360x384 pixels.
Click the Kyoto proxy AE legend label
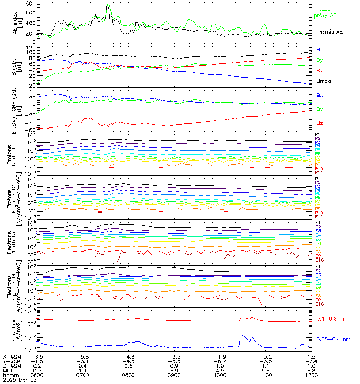pyautogui.click(x=326, y=13)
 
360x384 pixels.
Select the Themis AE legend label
pyautogui.click(x=329, y=32)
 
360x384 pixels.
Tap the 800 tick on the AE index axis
pyautogui.click(x=30, y=3)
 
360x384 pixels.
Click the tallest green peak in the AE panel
pyautogui.click(x=108, y=4)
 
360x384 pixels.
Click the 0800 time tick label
pyautogui.click(x=129, y=375)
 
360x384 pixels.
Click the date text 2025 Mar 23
pyautogui.click(x=17, y=380)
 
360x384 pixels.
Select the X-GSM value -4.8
pyautogui.click(x=128, y=357)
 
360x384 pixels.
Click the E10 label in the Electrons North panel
pyautogui.click(x=320, y=260)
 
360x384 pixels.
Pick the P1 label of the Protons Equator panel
pyautogui.click(x=318, y=179)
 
